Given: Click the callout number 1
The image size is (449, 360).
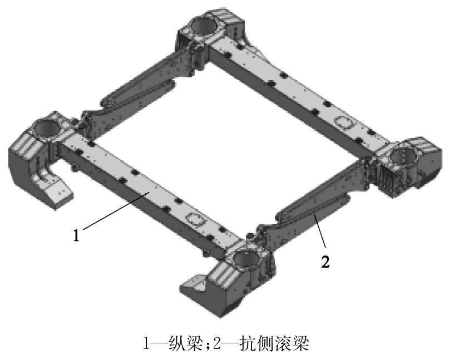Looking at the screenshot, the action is [76, 236].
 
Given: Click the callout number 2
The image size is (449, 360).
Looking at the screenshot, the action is [325, 261].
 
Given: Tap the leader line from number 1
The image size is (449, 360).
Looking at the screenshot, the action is [116, 211].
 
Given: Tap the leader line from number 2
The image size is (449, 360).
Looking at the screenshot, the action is [320, 230].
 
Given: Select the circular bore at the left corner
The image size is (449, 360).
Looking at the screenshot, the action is [47, 127].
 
